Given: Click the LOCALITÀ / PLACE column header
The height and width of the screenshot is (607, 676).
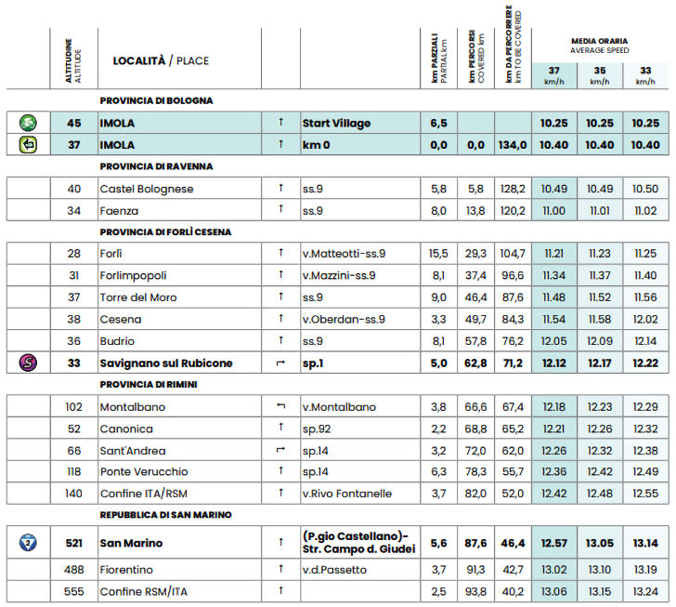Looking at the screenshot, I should tap(161, 61).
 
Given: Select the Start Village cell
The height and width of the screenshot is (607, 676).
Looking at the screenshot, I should tap(336, 123).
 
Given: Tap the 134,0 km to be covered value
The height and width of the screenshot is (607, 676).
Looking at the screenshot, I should tap(513, 145).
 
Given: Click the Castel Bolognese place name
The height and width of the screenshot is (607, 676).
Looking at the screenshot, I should tap(147, 189).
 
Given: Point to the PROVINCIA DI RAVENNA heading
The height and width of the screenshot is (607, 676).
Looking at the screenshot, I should tap(157, 166).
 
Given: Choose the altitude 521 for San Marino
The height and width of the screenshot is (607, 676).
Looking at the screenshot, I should tap(74, 543).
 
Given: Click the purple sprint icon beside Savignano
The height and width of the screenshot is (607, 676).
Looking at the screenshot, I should tap(29, 363).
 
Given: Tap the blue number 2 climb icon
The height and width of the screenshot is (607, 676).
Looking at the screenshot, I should tap(29, 543).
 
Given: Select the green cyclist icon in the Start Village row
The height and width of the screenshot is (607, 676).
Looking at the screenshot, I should tap(29, 123).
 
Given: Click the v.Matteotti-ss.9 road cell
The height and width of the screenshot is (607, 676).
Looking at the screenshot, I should tap(344, 253).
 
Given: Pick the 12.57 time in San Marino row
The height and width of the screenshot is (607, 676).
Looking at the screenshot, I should tap(553, 543).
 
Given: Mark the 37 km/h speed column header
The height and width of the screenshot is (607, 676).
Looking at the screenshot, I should tap(553, 75).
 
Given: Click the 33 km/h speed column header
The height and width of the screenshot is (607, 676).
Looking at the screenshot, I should tap(644, 75).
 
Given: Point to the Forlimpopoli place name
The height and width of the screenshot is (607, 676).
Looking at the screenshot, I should tap(137, 275).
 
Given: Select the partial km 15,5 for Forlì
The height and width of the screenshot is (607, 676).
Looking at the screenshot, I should tap(439, 253).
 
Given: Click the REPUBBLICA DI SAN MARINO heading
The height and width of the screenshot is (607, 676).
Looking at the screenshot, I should tap(166, 514).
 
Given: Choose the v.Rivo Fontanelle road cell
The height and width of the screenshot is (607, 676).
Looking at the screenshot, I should tap(347, 494).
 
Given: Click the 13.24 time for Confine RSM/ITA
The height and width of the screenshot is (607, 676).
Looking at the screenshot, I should tap(644, 591).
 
